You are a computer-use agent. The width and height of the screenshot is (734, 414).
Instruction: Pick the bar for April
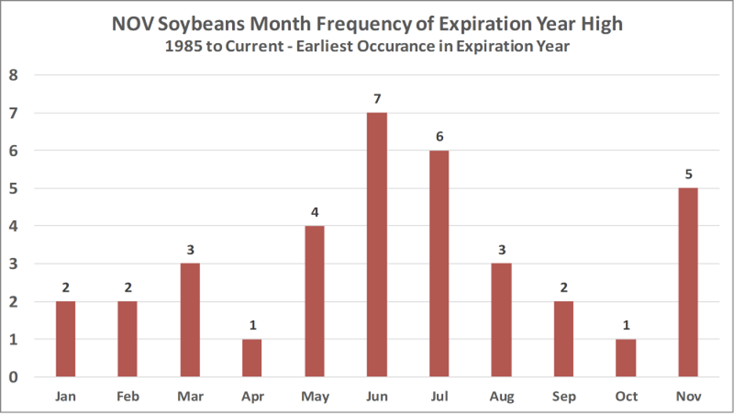point(251,358)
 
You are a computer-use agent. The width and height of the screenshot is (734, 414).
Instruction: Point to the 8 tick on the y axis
point(13,76)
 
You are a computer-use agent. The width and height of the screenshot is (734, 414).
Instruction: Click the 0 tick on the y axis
point(13,377)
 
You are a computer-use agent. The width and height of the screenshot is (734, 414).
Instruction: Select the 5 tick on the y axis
point(13,189)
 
